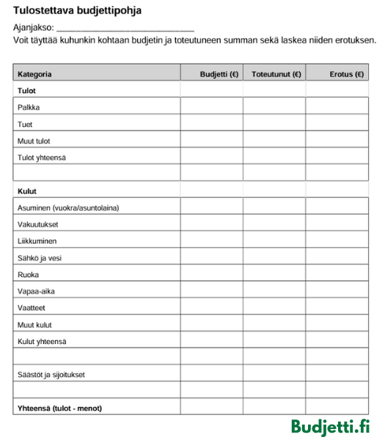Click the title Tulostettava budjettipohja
[77, 11]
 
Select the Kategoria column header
[34, 74]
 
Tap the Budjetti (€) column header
[219, 74]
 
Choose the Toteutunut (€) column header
[276, 74]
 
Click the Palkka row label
[29, 107]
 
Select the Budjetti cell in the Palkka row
[212, 107]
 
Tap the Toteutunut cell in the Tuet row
[274, 124]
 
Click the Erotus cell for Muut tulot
[337, 141]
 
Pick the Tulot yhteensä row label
[41, 158]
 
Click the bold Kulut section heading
[27, 191]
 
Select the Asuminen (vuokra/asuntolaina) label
[68, 208]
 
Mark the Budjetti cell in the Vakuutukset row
[212, 224]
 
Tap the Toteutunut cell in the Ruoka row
[274, 274]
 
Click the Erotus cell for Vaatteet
[337, 308]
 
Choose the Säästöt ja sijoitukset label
[51, 375]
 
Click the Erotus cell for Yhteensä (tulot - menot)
[337, 408]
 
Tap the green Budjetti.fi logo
[331, 427]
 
